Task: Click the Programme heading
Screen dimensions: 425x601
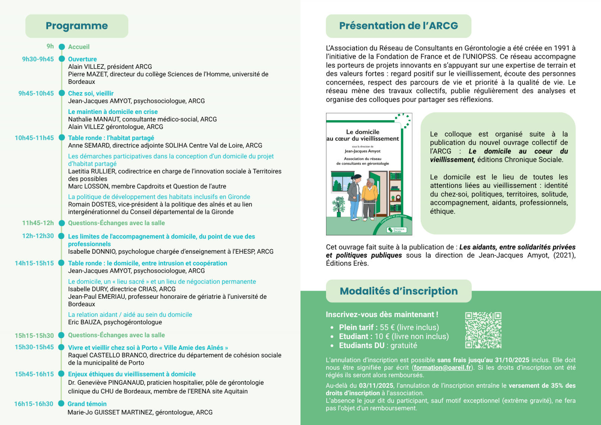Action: click(x=77, y=26)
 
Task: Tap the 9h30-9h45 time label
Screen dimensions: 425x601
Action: click(x=38, y=59)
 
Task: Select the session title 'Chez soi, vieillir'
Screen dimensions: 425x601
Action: click(x=91, y=93)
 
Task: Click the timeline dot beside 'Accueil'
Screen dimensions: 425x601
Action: click(x=62, y=47)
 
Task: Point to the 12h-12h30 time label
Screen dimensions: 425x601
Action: click(x=38, y=236)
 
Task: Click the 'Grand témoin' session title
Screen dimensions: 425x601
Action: click(x=87, y=404)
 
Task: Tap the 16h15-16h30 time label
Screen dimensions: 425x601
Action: click(x=34, y=404)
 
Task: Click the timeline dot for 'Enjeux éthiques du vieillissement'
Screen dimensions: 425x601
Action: click(x=62, y=374)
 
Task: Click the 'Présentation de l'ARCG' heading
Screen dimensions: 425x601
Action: click(x=399, y=26)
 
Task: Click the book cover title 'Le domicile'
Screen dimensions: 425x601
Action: click(x=362, y=132)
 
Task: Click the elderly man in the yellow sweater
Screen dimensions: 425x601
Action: click(x=370, y=197)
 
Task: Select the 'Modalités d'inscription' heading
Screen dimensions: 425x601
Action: click(x=399, y=291)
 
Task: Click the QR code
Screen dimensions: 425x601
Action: click(x=483, y=330)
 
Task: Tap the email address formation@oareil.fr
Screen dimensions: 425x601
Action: click(x=442, y=368)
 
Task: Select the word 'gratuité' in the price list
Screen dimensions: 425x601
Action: click(x=404, y=345)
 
